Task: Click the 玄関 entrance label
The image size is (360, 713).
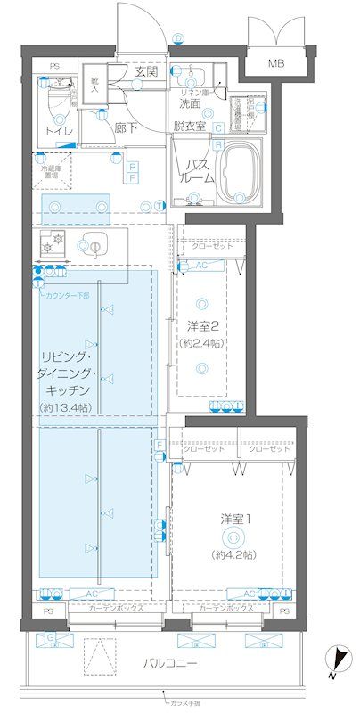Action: tap(146, 71)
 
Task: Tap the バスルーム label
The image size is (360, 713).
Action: tap(198, 171)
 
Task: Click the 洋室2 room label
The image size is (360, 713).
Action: tap(204, 324)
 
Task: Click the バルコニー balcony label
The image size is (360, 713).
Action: tap(172, 664)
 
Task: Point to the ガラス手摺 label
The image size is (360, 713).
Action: tap(190, 703)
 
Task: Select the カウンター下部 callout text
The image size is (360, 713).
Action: tap(67, 295)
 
